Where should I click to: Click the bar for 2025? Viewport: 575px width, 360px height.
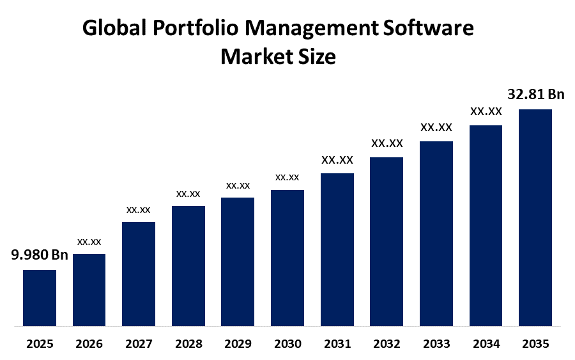(x=40, y=298)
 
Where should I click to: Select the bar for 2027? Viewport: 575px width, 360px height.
(x=139, y=274)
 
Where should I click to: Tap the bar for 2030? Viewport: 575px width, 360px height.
(x=287, y=258)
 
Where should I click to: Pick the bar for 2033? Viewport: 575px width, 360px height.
(x=436, y=234)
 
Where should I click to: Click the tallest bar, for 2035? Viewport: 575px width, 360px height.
(x=535, y=217)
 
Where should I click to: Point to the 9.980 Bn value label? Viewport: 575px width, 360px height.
(x=40, y=254)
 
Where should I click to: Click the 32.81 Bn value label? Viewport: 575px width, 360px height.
(x=536, y=94)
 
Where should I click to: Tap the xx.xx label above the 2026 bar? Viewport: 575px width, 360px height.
(x=89, y=242)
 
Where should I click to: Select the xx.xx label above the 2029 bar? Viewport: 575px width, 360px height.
(x=238, y=185)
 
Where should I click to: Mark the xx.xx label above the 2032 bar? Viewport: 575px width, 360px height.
(x=387, y=143)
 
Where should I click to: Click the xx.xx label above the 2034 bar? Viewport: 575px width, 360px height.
(x=486, y=111)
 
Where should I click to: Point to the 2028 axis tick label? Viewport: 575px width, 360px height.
(x=188, y=344)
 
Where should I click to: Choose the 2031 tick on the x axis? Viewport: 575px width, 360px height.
(x=337, y=344)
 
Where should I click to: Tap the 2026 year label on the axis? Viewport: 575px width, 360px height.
(x=89, y=344)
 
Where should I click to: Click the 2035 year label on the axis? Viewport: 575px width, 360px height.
(x=535, y=344)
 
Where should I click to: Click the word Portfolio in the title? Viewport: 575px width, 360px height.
(x=195, y=28)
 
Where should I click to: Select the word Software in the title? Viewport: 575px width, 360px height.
(x=428, y=28)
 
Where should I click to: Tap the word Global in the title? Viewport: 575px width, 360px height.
(x=114, y=28)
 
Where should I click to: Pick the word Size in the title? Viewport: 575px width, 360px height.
(x=317, y=57)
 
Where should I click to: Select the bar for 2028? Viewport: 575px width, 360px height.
(x=188, y=266)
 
